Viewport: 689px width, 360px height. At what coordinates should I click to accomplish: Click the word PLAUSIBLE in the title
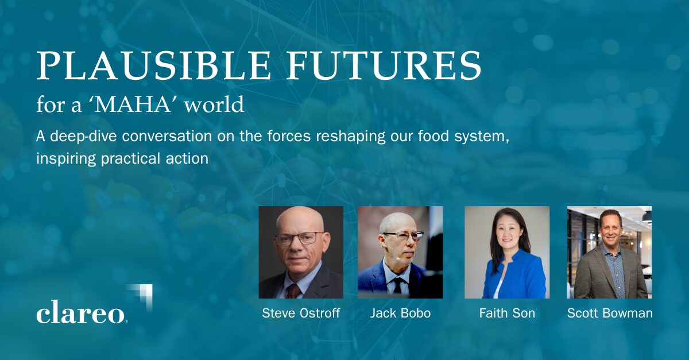(x=153, y=65)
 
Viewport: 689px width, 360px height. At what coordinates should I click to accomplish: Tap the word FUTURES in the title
(x=384, y=65)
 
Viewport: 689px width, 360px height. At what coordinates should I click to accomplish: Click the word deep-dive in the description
(x=84, y=136)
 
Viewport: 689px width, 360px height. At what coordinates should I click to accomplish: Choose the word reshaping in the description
(x=350, y=137)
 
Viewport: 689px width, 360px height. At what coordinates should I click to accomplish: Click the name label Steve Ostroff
(x=301, y=313)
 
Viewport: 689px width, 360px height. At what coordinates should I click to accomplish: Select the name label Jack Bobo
(x=400, y=313)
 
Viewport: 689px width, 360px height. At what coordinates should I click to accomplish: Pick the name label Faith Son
(x=507, y=313)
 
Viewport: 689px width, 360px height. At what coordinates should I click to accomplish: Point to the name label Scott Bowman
(x=610, y=313)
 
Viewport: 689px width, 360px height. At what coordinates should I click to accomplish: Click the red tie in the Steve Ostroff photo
(x=293, y=291)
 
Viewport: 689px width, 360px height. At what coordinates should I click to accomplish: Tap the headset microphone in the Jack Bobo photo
(x=397, y=258)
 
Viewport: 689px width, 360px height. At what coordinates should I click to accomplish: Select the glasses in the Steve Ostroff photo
(x=299, y=239)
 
